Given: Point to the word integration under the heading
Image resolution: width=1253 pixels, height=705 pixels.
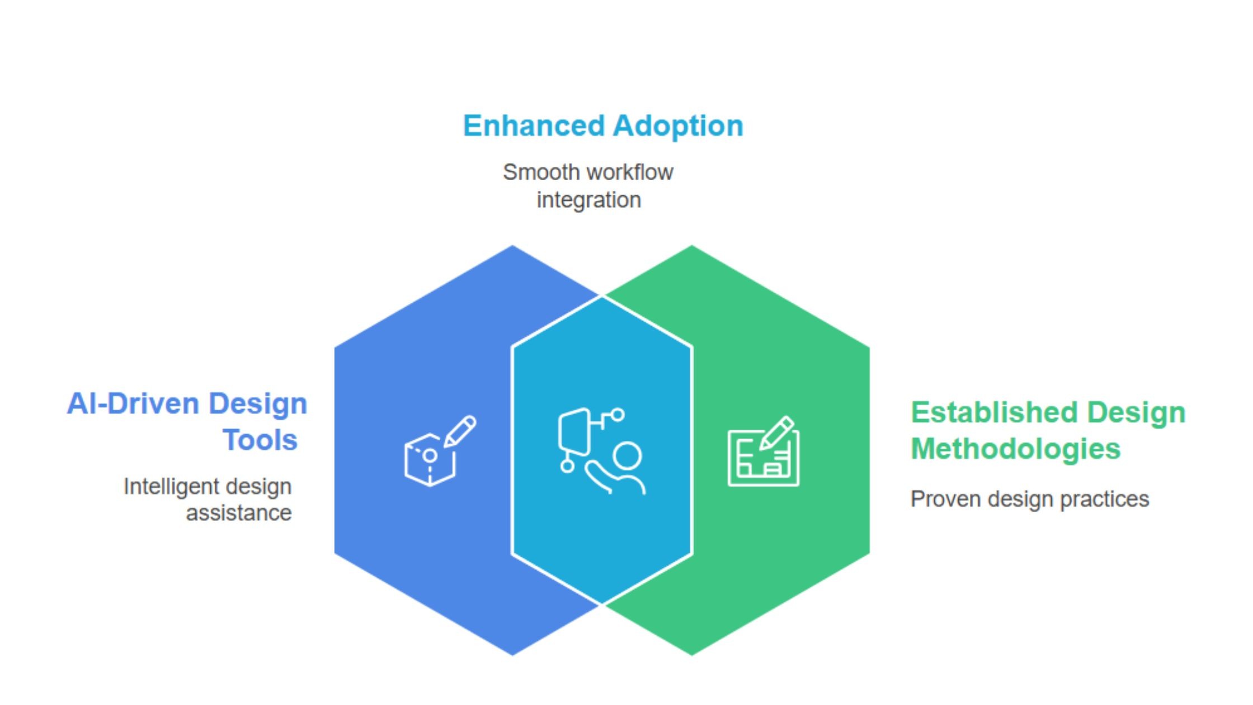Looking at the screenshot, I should tap(588, 200).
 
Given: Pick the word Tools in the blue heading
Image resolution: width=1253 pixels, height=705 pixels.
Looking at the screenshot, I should tap(260, 440).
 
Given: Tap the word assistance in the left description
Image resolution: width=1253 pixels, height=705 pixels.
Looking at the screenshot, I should tap(238, 513).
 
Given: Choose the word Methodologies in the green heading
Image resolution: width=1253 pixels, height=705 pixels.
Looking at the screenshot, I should tap(1015, 449).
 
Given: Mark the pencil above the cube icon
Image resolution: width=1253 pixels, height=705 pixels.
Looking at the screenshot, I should tap(460, 431).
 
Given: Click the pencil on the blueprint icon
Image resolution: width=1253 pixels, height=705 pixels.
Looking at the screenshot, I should tap(777, 433).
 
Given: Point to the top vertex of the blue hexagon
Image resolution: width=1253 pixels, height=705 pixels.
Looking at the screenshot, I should tap(512, 246).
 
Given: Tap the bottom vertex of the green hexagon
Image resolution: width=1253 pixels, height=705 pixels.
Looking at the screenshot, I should tap(692, 654).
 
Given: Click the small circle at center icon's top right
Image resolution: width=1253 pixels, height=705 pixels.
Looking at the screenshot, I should tap(618, 415).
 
